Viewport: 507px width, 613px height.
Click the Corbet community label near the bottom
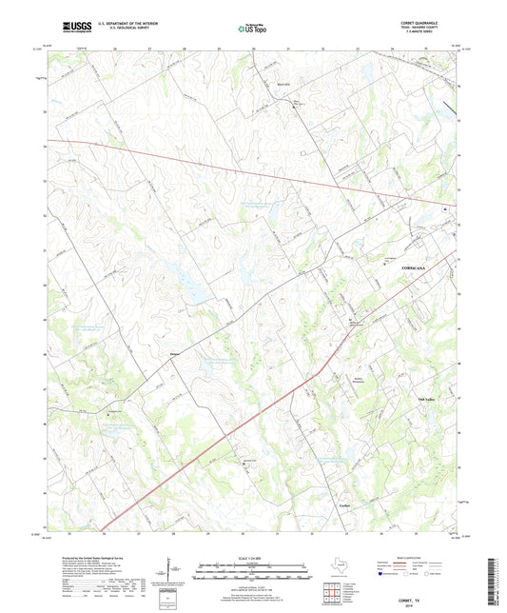347,504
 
